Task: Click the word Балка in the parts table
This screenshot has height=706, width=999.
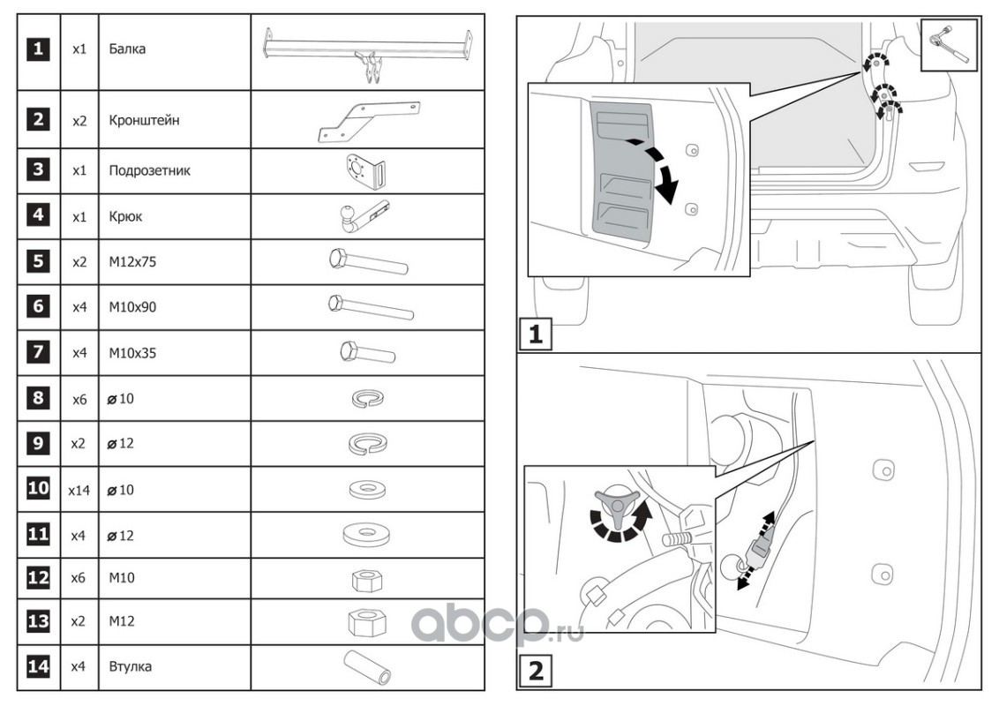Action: pos(127,49)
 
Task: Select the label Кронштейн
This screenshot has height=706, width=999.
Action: pos(144,120)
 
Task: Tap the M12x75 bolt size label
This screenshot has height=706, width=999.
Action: pos(133,262)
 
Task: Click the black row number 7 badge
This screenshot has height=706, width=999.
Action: pos(38,353)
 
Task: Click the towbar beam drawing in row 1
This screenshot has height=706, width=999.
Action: pos(367,54)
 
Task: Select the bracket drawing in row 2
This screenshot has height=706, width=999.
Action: pos(367,120)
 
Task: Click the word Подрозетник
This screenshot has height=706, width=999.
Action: pos(149,170)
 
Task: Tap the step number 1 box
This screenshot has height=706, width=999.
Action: pos(535,335)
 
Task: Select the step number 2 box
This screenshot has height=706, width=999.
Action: pos(535,672)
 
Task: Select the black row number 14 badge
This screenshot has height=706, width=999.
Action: pos(38,666)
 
